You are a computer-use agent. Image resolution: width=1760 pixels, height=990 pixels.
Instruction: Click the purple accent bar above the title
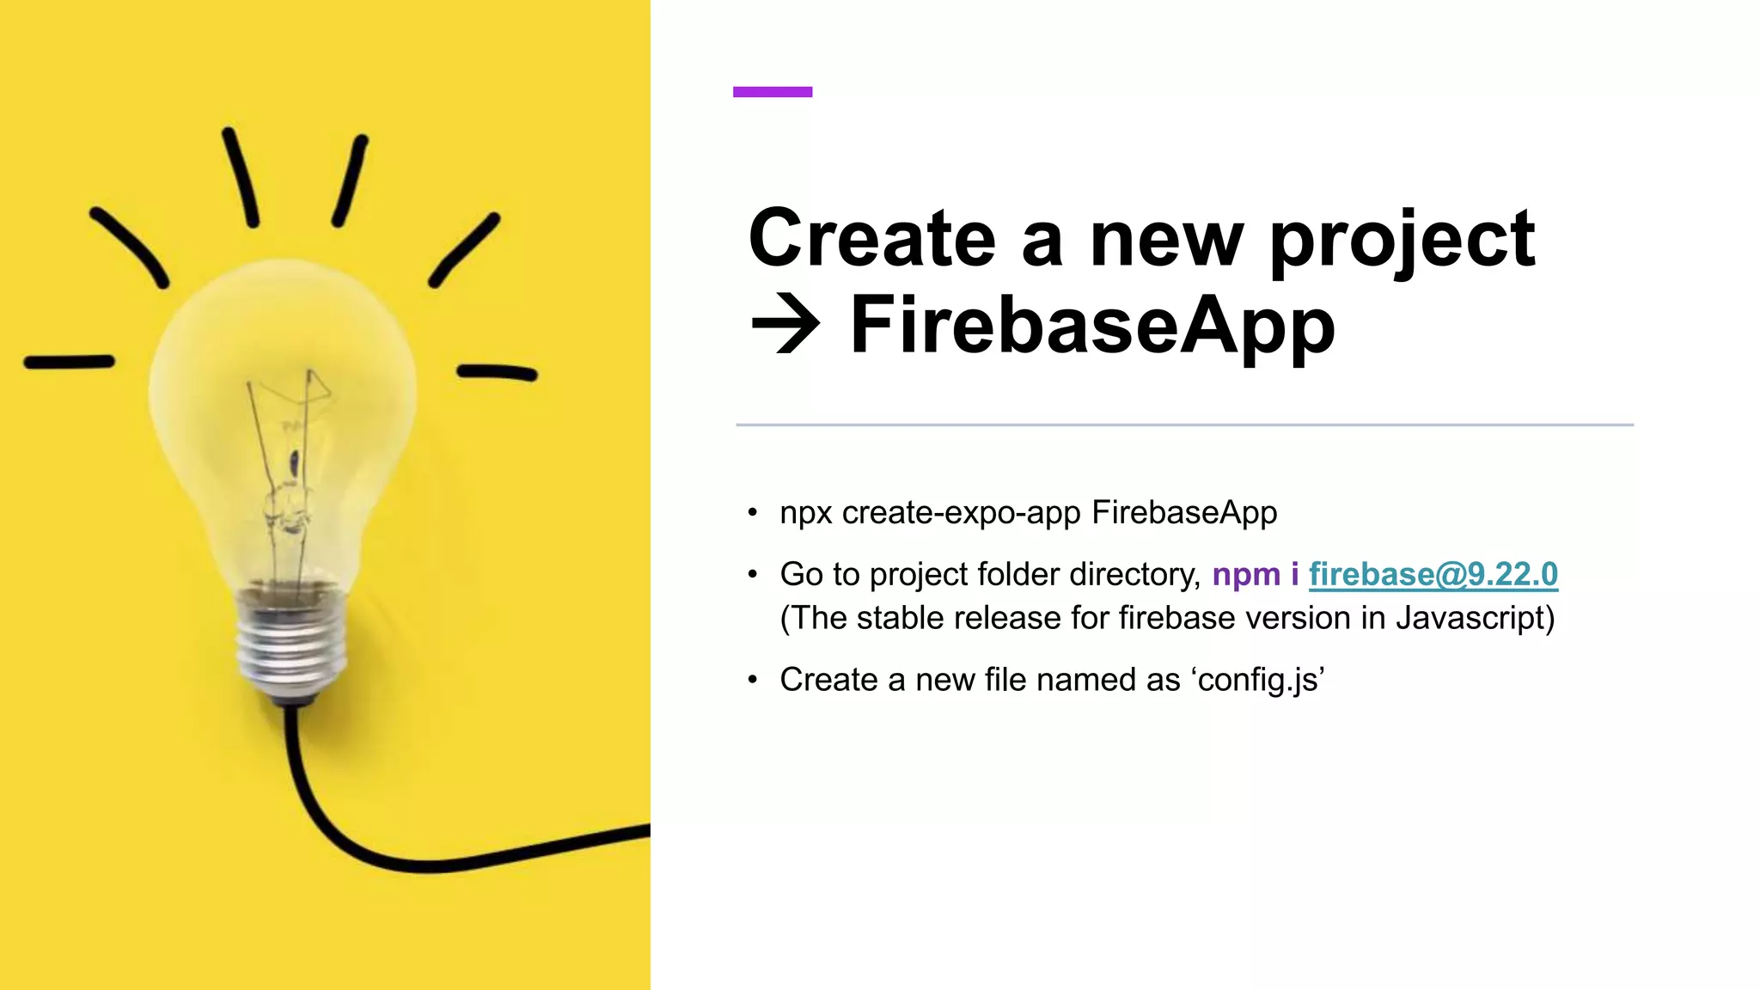772,92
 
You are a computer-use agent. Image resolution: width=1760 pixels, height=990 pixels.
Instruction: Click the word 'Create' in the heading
871,238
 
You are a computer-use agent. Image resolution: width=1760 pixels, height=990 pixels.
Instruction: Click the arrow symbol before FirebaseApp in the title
785,326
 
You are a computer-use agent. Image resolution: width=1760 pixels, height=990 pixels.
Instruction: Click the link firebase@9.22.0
1433,574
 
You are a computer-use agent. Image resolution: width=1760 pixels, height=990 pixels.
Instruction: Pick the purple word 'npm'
1245,574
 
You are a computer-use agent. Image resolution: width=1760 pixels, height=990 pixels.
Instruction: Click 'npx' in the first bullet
805,514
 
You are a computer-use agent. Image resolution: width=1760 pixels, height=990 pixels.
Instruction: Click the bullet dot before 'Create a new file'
753,681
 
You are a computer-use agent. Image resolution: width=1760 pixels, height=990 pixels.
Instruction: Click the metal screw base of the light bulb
292,645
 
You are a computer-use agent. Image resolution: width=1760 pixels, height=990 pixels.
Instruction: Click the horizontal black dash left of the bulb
69,363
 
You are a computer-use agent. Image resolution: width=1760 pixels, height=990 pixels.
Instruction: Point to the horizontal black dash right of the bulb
497,372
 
